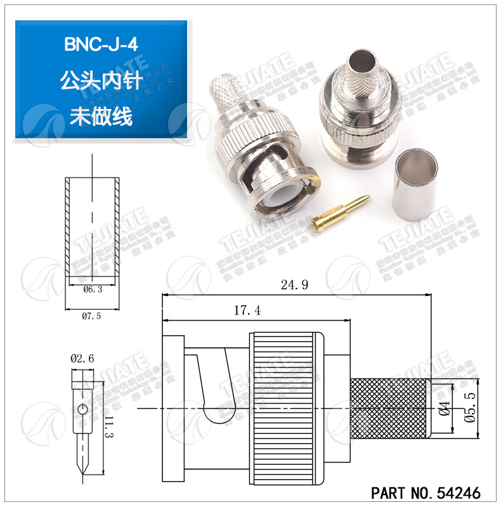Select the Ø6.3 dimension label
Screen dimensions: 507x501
pos(93,289)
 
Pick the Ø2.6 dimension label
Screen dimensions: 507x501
pos(82,358)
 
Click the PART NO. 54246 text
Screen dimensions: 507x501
pos(426,492)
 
